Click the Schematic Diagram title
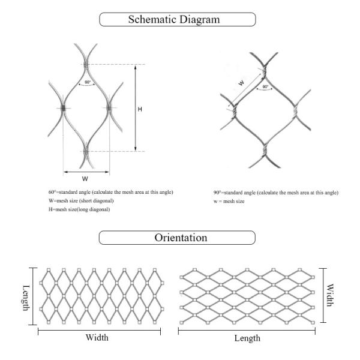click(x=178, y=19)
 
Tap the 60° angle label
click(x=87, y=82)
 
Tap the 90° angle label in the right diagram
click(x=265, y=86)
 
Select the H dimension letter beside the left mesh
click(x=140, y=109)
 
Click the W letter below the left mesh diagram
click(x=86, y=178)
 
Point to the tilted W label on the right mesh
click(x=241, y=85)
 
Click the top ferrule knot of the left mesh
click(x=86, y=64)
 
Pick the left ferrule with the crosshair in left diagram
click(x=63, y=109)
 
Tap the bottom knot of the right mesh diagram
click(x=265, y=146)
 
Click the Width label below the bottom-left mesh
click(x=97, y=337)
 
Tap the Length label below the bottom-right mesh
click(x=247, y=338)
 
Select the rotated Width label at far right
click(x=329, y=296)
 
